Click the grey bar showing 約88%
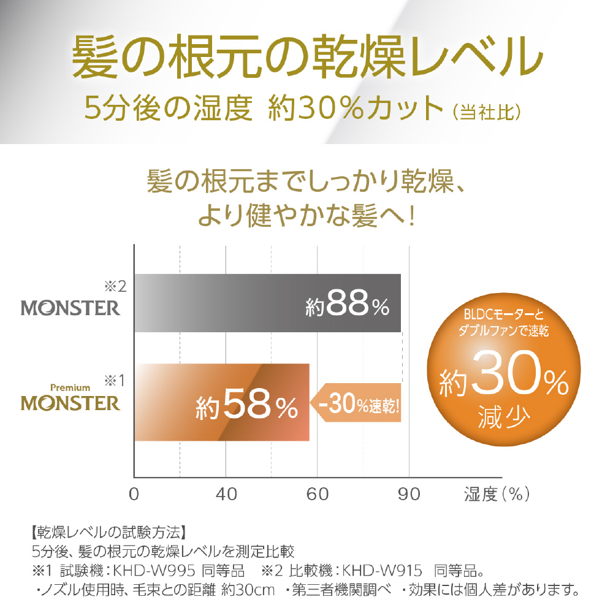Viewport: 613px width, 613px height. pos(267,303)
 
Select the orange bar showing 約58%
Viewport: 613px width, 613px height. pos(221,402)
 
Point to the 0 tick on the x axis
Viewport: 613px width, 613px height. pos(134,494)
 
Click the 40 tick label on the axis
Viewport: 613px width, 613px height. pos(226,494)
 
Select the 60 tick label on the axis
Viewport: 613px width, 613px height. pos(318,494)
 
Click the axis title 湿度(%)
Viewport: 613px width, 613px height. pos(496,494)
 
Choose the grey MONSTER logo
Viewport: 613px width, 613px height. pos(71,306)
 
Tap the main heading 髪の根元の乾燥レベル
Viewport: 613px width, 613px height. pos(306,57)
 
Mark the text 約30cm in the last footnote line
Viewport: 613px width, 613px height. pos(245,591)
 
